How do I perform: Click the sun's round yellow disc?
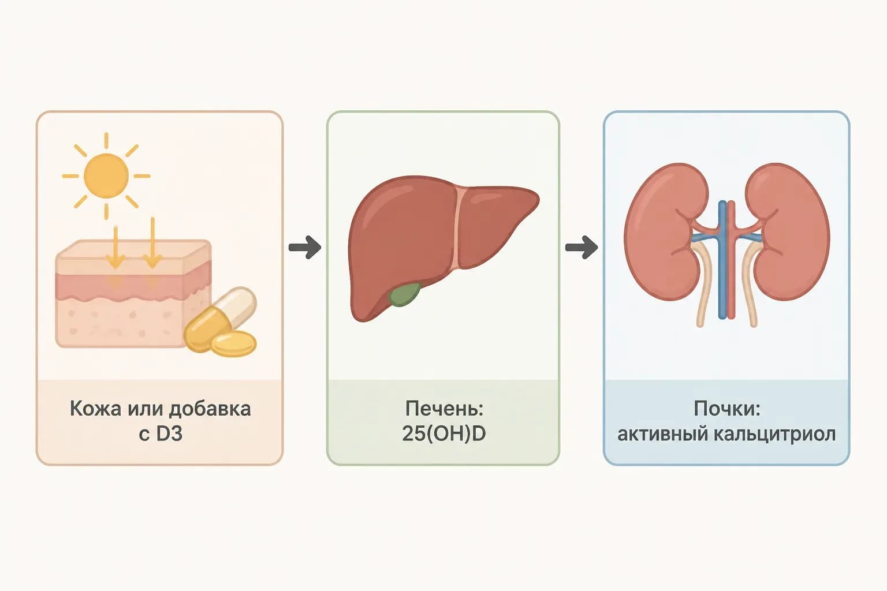pos(106,176)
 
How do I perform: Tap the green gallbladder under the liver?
pos(405,294)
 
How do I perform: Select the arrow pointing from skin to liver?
pos(304,248)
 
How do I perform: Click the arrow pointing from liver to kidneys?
pos(582,248)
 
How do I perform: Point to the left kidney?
pos(665,231)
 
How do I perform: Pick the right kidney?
pos(788,231)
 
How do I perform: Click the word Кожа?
pos(95,409)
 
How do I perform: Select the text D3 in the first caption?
pos(169,434)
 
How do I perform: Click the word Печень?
pos(444,409)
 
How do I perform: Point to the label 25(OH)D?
pos(443,434)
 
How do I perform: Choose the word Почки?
pos(727,409)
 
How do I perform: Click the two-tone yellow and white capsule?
pos(220,319)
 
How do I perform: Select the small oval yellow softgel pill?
pos(234,344)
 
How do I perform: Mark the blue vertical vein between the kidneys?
pos(722,260)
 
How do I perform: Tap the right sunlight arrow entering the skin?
pos(152,242)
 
